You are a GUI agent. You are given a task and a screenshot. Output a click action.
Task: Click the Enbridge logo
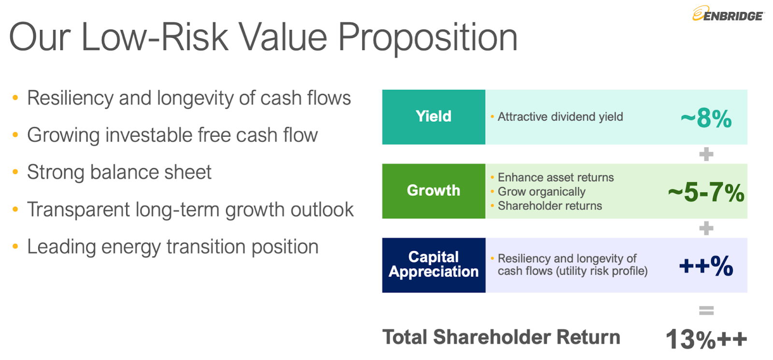pos(728,14)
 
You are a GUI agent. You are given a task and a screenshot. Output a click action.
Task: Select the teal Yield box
pos(433,117)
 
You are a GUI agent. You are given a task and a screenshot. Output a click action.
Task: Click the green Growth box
pos(433,191)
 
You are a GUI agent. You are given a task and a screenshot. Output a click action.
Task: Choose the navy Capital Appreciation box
pos(433,265)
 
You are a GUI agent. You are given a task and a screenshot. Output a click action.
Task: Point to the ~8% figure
pos(706,118)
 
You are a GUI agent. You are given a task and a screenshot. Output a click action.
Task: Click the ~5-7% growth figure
pos(706,192)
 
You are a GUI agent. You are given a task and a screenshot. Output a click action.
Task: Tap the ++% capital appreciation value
pos(706,266)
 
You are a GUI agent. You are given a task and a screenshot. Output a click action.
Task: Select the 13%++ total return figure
pos(706,339)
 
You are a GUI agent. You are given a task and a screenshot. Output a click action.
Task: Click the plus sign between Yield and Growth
pos(706,154)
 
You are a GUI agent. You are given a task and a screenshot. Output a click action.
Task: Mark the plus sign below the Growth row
pos(706,228)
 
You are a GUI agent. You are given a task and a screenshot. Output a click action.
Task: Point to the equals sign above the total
pos(706,311)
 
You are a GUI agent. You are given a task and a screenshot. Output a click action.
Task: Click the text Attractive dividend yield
pos(560,117)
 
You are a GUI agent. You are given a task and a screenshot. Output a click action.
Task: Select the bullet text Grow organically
pos(542,191)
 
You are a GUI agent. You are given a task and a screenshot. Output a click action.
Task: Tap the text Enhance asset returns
pos(556,177)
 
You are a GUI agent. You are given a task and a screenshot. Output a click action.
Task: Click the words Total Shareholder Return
pos(501,337)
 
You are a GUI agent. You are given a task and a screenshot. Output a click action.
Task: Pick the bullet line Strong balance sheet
pos(119,172)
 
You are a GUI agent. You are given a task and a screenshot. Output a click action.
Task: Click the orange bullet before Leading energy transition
pos(15,246)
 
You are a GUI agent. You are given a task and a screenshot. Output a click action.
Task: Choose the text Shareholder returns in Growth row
pos(550,206)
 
